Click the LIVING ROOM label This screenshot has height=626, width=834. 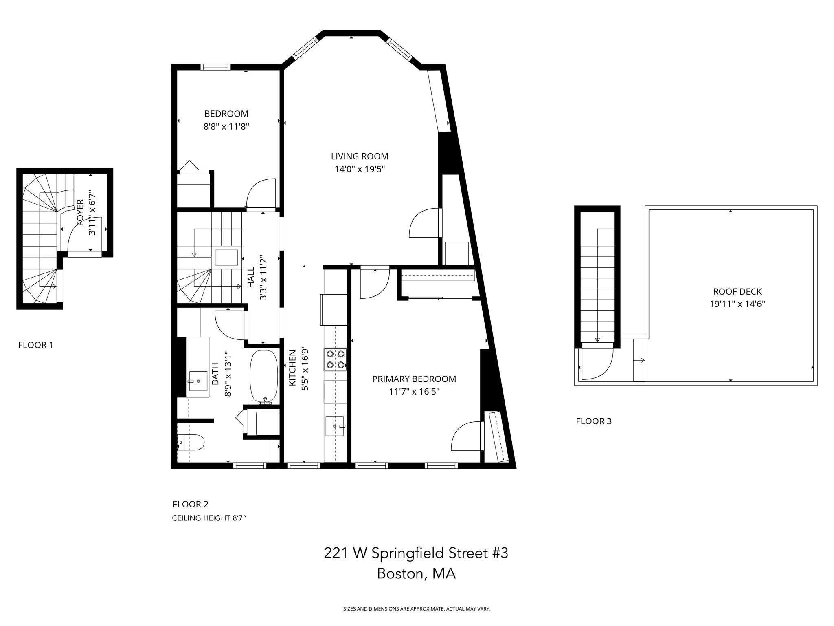point(359,156)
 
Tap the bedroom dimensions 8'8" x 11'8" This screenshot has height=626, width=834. point(226,126)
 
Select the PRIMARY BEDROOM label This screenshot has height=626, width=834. point(414,379)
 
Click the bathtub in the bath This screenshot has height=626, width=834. point(263,376)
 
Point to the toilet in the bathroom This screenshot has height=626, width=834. point(193,442)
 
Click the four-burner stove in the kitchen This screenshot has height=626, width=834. point(335,359)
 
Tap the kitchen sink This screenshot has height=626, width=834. point(335,426)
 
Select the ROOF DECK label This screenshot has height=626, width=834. point(737,291)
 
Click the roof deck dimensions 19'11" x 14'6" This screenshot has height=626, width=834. point(737,304)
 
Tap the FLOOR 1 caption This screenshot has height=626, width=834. point(35,345)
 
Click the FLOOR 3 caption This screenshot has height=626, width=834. point(593,421)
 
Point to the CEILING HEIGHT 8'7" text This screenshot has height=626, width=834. point(209,518)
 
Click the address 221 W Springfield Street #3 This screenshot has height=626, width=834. point(416,553)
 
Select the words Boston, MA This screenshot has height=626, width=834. point(416,573)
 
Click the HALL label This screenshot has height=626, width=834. point(251,277)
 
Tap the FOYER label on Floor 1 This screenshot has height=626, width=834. point(80,212)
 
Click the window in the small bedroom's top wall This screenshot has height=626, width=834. point(215,67)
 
